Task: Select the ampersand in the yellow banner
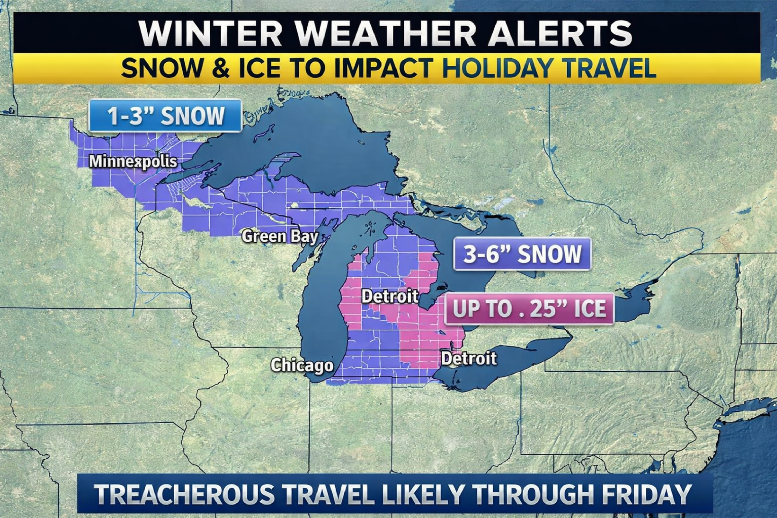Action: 220,68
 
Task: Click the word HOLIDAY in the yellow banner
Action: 497,68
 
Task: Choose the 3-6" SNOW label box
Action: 522,254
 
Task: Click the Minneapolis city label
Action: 133,162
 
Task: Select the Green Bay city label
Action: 279,236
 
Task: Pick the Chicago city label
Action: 302,365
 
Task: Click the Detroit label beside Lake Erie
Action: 469,358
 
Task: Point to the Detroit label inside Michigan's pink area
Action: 390,296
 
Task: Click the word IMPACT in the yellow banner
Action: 384,68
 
